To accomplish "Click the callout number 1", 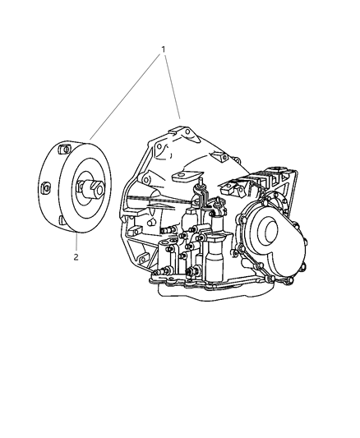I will (164, 48).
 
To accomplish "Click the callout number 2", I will (76, 257).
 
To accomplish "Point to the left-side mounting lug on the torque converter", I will (46, 190).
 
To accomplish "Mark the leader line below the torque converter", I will (76, 242).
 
